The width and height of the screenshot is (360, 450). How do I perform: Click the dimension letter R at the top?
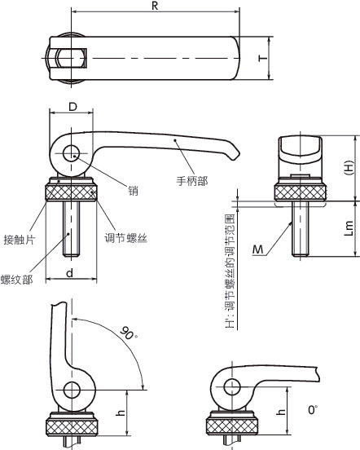tap(154, 7)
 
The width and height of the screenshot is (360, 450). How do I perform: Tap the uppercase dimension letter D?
tap(72, 107)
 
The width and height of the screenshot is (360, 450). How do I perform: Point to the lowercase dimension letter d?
tap(70, 271)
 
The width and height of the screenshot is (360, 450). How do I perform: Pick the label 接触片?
tap(20, 218)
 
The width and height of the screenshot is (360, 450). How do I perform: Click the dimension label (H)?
tap(348, 166)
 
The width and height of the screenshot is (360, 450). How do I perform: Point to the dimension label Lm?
tap(348, 228)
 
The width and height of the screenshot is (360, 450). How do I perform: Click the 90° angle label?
tap(127, 334)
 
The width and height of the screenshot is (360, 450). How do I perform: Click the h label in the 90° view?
tap(121, 413)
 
